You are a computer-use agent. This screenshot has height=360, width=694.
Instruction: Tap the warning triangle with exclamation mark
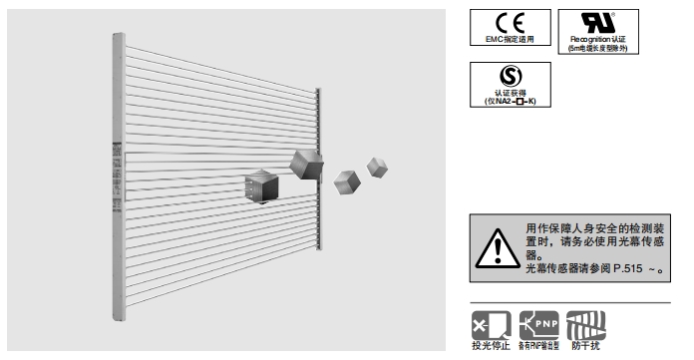click(x=496, y=245)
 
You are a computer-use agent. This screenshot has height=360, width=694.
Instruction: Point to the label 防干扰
click(x=585, y=346)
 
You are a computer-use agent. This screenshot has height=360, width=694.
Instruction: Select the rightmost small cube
click(x=377, y=166)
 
